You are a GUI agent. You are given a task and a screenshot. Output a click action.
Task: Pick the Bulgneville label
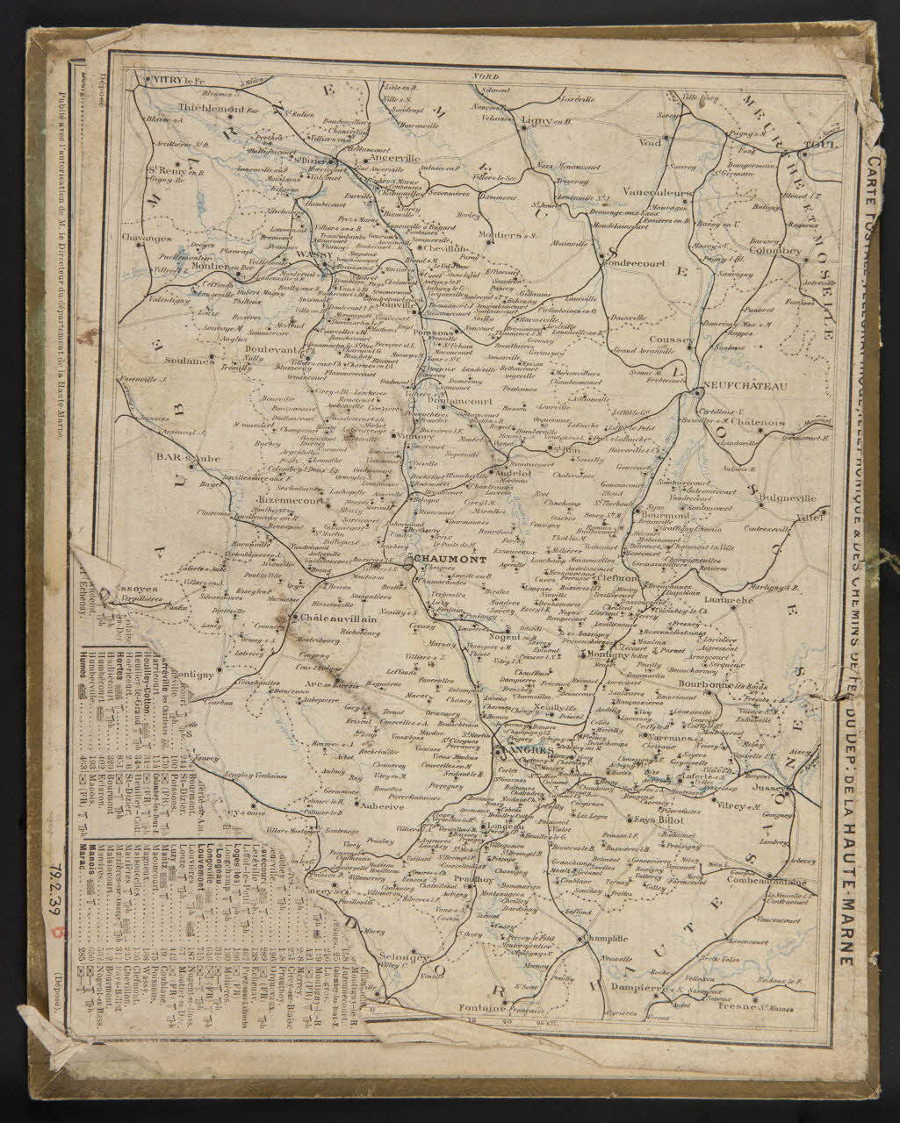click(787, 498)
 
